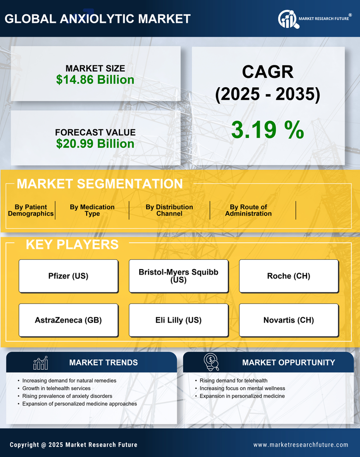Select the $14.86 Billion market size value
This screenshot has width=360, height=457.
click(95, 80)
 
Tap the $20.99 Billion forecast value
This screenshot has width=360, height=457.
click(95, 144)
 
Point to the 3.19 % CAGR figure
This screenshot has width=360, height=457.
click(267, 130)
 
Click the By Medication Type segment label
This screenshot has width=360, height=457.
click(92, 210)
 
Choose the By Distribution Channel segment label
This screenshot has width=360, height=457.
click(169, 210)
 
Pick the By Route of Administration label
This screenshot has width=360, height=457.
click(248, 210)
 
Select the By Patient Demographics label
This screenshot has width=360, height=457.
click(31, 210)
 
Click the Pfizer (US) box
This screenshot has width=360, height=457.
click(68, 276)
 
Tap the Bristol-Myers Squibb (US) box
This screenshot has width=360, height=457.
click(179, 276)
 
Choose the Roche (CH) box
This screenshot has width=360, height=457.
click(289, 276)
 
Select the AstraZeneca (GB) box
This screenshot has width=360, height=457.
click(68, 320)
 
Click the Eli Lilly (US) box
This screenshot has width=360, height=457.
click(179, 320)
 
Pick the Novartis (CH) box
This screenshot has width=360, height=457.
click(289, 320)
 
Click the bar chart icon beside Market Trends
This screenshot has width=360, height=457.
click(41, 363)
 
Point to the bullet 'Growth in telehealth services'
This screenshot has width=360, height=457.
click(56, 388)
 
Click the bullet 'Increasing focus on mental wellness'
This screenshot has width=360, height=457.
click(242, 388)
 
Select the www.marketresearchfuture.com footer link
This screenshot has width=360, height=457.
click(301, 445)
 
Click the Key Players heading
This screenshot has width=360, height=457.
click(72, 244)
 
